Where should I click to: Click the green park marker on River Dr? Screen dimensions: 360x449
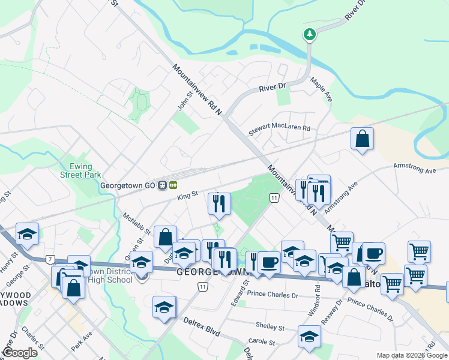click(x=310, y=34)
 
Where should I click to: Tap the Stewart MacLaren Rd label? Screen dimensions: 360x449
click(x=279, y=128)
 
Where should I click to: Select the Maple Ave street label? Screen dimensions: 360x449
click(x=321, y=89)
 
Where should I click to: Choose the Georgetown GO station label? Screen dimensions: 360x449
click(x=129, y=185)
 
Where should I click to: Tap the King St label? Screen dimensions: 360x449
click(x=187, y=196)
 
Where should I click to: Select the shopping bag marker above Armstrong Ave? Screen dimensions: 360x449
click(x=363, y=140)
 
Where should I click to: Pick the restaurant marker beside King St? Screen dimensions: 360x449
click(x=219, y=203)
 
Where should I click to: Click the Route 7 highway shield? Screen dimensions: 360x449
click(x=49, y=259)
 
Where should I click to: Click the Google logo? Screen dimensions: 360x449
click(x=20, y=353)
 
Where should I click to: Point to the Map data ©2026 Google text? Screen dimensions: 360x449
click(x=411, y=355)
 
